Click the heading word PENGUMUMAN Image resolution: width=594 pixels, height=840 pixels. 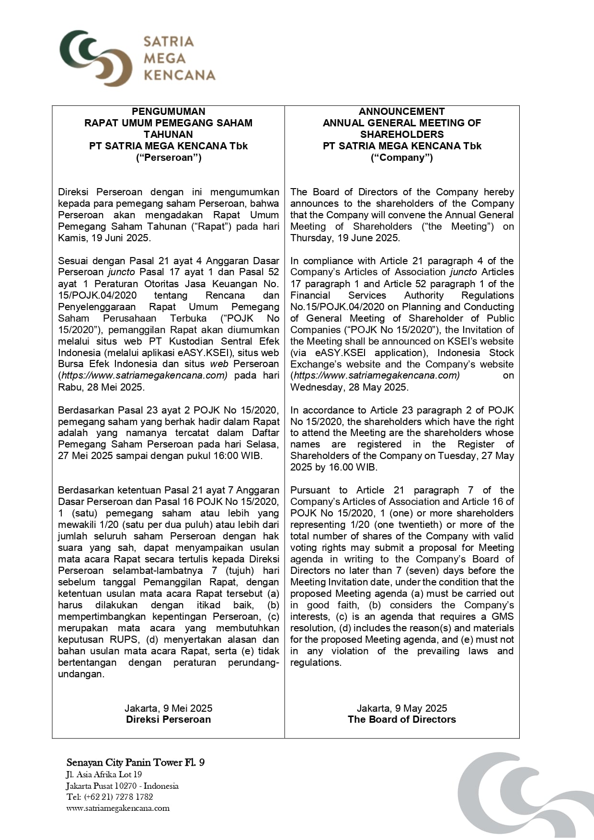[x=168, y=112]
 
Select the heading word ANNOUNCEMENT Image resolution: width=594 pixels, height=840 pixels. [x=401, y=112]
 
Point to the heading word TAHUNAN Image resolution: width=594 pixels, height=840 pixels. [x=168, y=134]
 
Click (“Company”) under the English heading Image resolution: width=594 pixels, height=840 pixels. [x=401, y=157]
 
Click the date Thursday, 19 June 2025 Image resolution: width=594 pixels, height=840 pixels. [x=345, y=238]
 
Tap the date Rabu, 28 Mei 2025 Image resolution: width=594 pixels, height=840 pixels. [x=101, y=387]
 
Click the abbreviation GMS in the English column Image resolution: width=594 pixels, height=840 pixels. [x=503, y=616]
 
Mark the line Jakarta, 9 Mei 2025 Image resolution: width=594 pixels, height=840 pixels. [x=168, y=708]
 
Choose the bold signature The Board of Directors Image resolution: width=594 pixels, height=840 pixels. [x=401, y=719]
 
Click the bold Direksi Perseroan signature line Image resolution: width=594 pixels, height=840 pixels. [x=168, y=719]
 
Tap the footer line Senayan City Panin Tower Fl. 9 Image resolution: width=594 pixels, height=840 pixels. [x=136, y=762]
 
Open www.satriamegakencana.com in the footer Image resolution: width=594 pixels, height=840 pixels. [x=118, y=808]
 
